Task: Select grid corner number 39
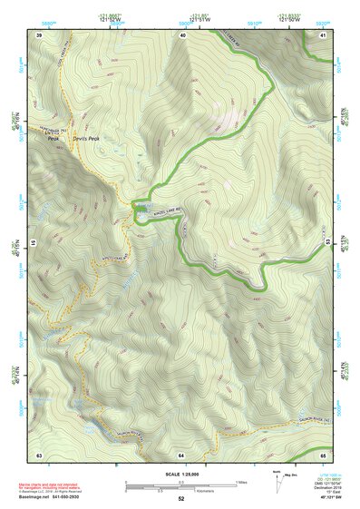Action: point(39,34)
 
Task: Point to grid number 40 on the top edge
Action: point(182,34)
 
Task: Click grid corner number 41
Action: point(325,34)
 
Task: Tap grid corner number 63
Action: point(39,453)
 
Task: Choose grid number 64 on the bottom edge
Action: point(181,453)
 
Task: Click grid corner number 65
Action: point(325,453)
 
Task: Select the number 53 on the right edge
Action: point(326,243)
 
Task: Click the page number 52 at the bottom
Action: point(180,499)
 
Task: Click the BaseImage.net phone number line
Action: point(59,498)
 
